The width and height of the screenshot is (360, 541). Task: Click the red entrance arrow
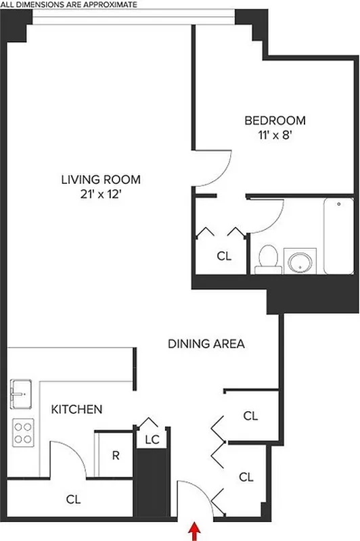pyautogui.click(x=196, y=531)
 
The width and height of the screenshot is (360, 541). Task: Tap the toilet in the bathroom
pyautogui.click(x=268, y=260)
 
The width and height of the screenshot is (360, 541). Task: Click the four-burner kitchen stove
pyautogui.click(x=23, y=431)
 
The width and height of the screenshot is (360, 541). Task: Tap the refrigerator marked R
pyautogui.click(x=116, y=454)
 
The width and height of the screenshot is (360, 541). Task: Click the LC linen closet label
pyautogui.click(x=152, y=440)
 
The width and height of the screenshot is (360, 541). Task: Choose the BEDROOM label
pyautogui.click(x=275, y=121)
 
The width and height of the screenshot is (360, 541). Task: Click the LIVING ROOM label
pyautogui.click(x=101, y=180)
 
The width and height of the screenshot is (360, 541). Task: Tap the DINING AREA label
pyautogui.click(x=206, y=344)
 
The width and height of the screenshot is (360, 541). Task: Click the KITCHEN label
pyautogui.click(x=77, y=409)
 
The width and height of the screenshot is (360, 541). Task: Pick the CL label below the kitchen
pyautogui.click(x=74, y=500)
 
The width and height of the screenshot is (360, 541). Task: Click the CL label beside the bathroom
pyautogui.click(x=224, y=256)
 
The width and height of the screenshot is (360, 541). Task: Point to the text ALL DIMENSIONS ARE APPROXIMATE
pyautogui.click(x=68, y=4)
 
